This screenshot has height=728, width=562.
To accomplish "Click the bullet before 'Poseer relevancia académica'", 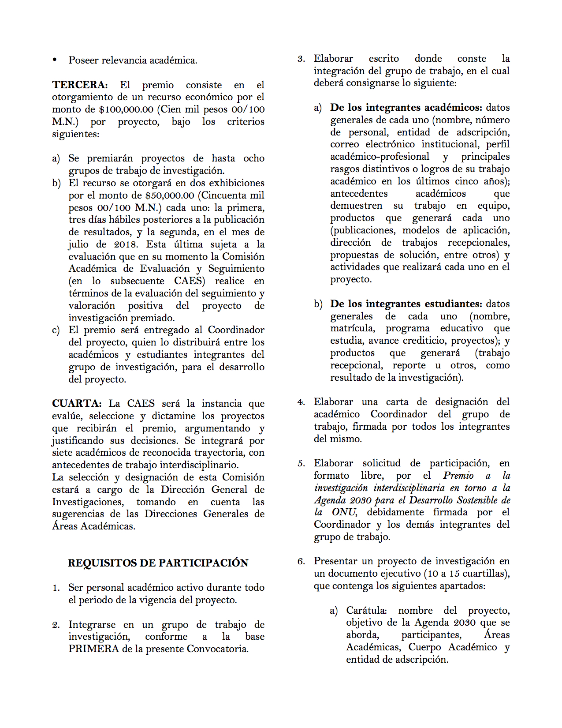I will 55,60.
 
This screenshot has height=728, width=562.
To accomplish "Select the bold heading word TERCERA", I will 80,85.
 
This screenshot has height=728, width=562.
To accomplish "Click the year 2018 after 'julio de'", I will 126,244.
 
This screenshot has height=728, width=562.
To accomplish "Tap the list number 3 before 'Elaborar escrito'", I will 301,59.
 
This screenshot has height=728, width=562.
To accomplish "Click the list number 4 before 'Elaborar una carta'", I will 301,402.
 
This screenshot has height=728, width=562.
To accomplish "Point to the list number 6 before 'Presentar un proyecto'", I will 301,562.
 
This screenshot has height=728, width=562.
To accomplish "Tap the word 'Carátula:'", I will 366,611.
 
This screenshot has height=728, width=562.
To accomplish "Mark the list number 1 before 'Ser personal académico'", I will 56,588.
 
